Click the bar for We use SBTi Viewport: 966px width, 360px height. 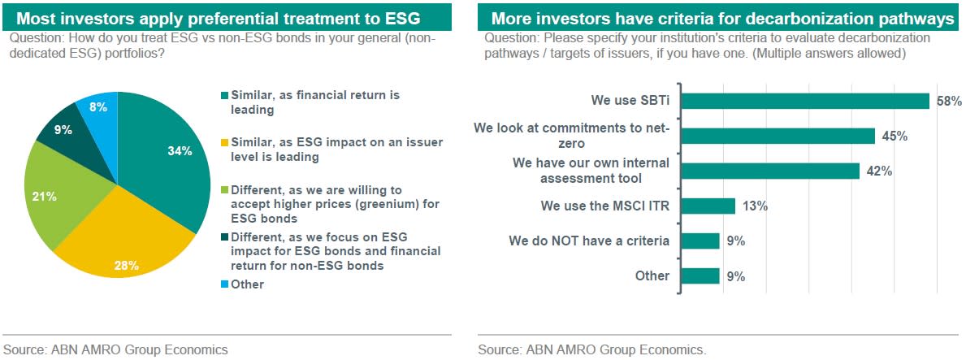[804, 101]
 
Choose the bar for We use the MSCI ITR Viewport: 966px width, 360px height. [708, 206]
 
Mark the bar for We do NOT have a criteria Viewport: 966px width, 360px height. [700, 241]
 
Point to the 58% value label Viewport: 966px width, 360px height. [949, 101]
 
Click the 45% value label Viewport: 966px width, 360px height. [895, 137]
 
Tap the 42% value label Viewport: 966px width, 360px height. [879, 171]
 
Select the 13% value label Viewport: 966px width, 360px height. [755, 206]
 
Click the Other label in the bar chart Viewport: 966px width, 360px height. [652, 275]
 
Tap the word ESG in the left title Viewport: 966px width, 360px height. [401, 19]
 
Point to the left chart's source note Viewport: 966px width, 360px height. [116, 350]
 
